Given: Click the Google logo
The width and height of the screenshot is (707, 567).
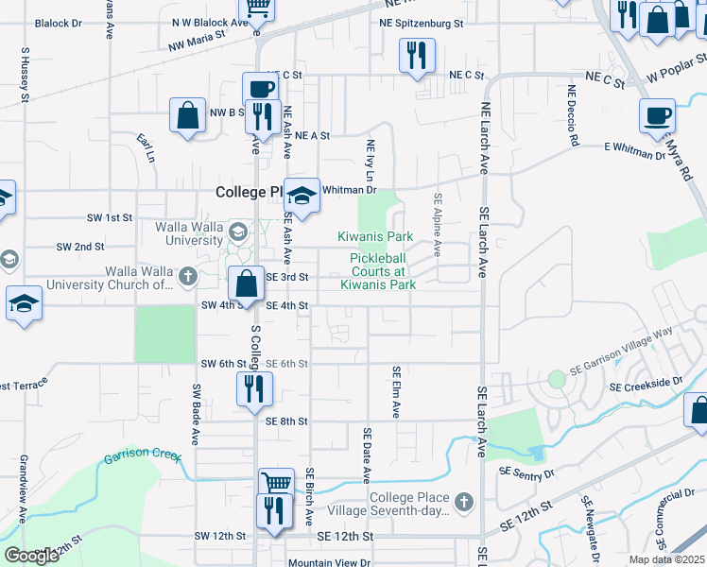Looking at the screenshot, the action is click(31, 555).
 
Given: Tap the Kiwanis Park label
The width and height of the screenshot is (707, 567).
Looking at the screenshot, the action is click(376, 236).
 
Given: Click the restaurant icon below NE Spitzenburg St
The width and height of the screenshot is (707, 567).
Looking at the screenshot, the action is click(417, 56).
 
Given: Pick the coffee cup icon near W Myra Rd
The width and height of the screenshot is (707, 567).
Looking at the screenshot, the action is click(657, 116).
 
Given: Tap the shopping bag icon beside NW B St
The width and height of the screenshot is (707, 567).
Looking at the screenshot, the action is click(188, 115).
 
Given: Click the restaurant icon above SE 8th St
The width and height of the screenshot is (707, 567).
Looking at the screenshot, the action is click(254, 388).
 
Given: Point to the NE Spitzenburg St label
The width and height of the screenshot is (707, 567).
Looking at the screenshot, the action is click(422, 22).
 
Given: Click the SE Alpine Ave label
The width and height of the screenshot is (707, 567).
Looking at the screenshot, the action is click(438, 225).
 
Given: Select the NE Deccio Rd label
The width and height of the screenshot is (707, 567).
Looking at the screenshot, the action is click(573, 116).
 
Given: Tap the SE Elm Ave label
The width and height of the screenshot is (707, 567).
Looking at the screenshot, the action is click(396, 392).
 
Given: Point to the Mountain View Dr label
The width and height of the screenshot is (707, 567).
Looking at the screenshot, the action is click(329, 562).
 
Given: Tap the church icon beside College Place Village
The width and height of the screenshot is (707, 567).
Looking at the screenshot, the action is click(463, 501).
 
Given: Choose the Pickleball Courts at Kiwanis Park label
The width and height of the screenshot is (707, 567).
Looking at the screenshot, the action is click(383, 271).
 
